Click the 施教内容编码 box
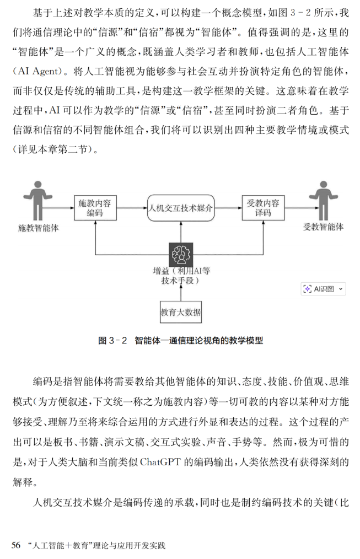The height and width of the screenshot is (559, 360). (95, 208)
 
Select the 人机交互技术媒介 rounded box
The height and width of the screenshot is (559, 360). (181, 208)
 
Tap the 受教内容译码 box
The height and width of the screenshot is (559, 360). (263, 208)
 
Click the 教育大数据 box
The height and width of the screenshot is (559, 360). (181, 312)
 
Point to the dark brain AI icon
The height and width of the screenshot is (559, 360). (181, 255)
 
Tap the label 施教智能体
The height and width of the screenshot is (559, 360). (39, 228)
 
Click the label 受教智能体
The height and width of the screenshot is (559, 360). (323, 227)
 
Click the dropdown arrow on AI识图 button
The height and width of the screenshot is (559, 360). (340, 289)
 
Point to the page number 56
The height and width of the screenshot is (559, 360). (16, 545)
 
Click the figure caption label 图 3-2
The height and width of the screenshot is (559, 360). (112, 341)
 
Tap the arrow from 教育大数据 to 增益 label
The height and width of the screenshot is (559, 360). (181, 294)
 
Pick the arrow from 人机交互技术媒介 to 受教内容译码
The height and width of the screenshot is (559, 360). (228, 208)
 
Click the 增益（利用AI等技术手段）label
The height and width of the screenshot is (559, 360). (181, 276)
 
